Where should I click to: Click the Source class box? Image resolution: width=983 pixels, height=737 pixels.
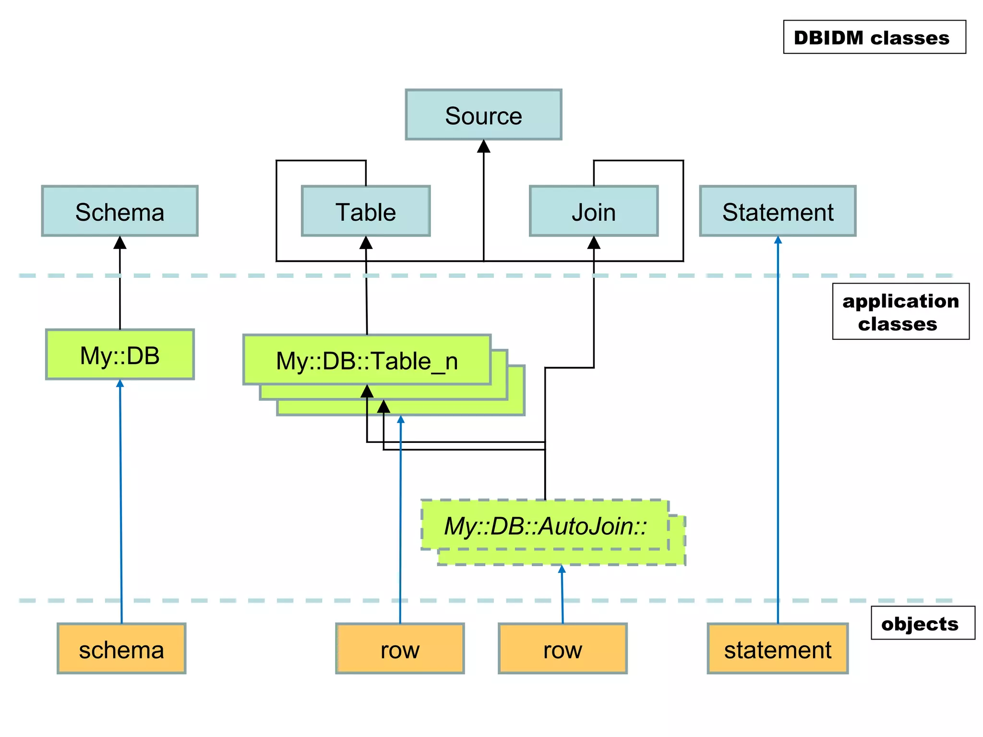click(483, 115)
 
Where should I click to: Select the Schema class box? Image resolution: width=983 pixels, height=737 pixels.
click(120, 211)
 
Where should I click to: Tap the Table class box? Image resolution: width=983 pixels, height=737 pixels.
click(366, 211)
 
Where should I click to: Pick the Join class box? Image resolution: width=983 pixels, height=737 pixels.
click(594, 211)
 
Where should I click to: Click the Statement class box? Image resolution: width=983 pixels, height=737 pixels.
click(778, 211)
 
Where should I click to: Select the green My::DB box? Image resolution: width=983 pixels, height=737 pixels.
click(120, 355)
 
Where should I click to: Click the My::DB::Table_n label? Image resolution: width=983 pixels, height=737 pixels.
click(367, 360)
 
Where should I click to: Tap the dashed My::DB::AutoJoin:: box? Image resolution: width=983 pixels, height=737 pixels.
click(545, 525)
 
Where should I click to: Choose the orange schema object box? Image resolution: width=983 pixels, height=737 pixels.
click(121, 649)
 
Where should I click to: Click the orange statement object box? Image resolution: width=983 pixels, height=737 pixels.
click(778, 649)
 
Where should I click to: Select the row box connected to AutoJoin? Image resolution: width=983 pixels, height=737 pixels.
click(563, 649)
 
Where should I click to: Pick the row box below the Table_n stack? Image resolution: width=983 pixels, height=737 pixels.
click(400, 649)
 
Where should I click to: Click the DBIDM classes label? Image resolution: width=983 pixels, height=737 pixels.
click(874, 37)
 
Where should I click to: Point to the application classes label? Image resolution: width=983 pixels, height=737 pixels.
click(900, 311)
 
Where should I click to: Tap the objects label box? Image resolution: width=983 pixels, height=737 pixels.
click(923, 623)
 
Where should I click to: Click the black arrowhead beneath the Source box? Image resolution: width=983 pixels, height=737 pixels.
click(483, 146)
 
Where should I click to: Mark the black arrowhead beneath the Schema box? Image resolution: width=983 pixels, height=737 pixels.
click(120, 243)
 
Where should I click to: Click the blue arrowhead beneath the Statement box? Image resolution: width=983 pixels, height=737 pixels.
click(778, 240)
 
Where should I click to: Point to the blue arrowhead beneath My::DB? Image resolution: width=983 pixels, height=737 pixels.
click(120, 383)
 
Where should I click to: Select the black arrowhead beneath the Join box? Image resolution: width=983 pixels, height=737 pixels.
click(594, 243)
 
